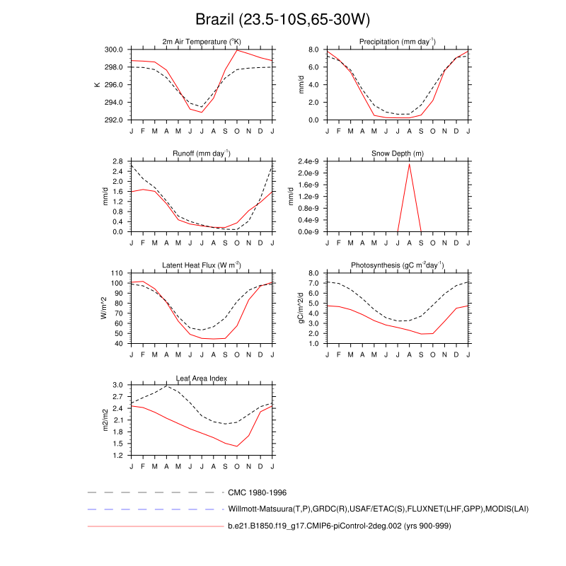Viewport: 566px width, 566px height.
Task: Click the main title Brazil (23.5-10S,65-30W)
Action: click(x=282, y=18)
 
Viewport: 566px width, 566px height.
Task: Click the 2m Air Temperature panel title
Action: click(x=202, y=42)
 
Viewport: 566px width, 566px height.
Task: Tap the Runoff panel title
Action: click(x=202, y=154)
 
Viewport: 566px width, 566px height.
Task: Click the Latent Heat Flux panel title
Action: click(x=202, y=265)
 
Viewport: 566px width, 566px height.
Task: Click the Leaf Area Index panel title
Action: click(x=202, y=377)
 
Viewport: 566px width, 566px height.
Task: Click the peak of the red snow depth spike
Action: click(x=410, y=164)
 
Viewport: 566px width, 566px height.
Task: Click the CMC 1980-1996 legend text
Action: click(x=257, y=492)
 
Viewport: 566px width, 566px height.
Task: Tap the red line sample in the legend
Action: click(x=156, y=526)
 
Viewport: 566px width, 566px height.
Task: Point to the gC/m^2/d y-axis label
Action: click(x=301, y=308)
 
